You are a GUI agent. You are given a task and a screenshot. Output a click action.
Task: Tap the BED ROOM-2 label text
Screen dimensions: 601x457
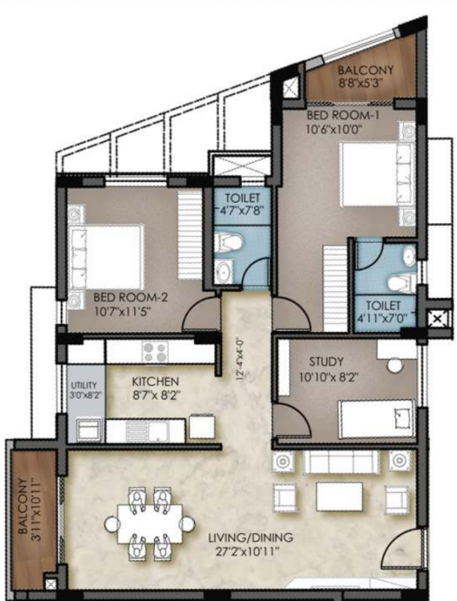[131, 297]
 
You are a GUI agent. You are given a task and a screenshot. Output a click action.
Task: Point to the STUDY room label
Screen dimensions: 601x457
[326, 362]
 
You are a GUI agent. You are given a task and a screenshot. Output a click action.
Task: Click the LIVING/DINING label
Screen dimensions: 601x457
[250, 538]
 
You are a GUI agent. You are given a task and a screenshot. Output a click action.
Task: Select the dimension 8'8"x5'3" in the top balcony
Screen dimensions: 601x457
[365, 82]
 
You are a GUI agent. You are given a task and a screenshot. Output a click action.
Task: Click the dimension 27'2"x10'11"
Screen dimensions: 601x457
[251, 552]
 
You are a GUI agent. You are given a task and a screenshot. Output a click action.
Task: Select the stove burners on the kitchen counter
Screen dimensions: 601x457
[152, 351]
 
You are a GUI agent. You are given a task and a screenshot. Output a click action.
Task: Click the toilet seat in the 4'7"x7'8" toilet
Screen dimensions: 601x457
[228, 242]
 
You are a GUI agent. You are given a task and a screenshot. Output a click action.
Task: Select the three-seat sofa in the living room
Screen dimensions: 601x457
[340, 462]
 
